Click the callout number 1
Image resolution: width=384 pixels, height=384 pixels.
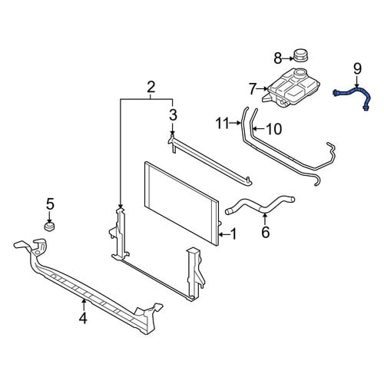pyautogui.click(x=233, y=234)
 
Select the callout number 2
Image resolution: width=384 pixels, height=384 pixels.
pyautogui.click(x=151, y=88)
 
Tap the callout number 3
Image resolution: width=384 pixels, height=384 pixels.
pyautogui.click(x=173, y=114)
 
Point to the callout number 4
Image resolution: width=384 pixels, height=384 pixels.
pyautogui.click(x=83, y=318)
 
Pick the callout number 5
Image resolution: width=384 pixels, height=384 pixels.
pyautogui.click(x=50, y=204)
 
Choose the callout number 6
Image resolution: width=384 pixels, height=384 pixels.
pyautogui.click(x=266, y=232)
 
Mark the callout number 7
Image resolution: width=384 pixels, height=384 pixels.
pyautogui.click(x=253, y=89)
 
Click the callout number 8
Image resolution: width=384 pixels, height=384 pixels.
pyautogui.click(x=278, y=58)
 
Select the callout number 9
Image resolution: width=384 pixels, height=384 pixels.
pyautogui.click(x=357, y=69)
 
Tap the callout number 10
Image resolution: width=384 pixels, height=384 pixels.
pyautogui.click(x=273, y=129)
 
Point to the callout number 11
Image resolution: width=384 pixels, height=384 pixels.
pyautogui.click(x=223, y=124)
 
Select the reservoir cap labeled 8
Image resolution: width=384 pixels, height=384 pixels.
pyautogui.click(x=300, y=55)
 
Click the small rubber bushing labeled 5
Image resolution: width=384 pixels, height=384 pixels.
pyautogui.click(x=49, y=226)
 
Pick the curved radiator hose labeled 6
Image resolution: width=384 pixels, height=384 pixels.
pyautogui.click(x=260, y=206)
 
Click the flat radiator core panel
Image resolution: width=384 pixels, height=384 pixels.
pyautogui.click(x=182, y=204)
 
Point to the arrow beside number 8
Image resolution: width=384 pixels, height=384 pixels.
pyautogui.click(x=288, y=58)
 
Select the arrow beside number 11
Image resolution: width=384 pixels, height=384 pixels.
pyautogui.click(x=236, y=124)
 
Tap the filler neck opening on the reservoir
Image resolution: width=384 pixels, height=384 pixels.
pyautogui.click(x=300, y=72)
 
